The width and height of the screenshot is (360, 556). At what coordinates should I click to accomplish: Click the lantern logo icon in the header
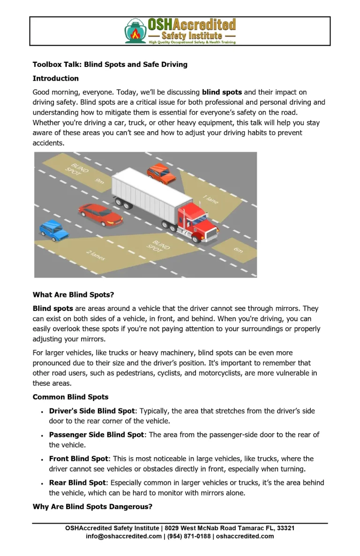[x=135, y=31]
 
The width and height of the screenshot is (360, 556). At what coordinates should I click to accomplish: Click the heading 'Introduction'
[x=55, y=78]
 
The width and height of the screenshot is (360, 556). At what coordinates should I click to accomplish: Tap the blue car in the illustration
[x=53, y=230]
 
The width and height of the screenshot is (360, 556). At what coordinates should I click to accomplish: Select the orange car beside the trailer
[x=161, y=174]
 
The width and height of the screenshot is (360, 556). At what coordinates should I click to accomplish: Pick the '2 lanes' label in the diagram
[x=96, y=255]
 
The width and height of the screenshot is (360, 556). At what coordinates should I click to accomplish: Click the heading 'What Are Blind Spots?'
[x=73, y=295]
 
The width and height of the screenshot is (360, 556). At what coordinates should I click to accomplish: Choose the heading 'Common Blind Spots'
[x=70, y=397]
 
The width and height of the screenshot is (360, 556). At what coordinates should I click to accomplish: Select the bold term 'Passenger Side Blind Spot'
[x=97, y=435]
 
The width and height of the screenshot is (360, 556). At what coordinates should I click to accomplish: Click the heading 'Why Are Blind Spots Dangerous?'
[x=92, y=506]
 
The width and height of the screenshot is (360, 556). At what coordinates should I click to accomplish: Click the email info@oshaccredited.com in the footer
[x=123, y=536]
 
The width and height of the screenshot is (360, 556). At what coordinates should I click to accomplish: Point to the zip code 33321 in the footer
[x=285, y=528]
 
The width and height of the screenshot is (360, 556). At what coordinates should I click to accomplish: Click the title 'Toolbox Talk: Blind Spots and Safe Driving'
[x=110, y=64]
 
